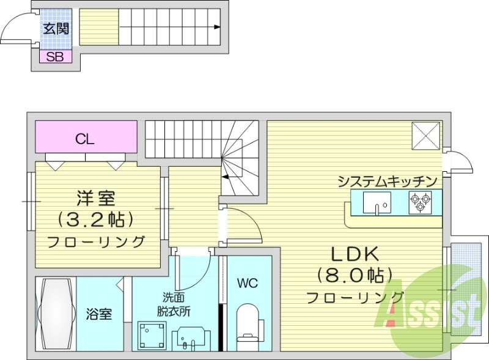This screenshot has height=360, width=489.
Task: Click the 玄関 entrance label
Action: [x=56, y=28]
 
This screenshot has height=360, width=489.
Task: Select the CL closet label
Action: [x=85, y=139]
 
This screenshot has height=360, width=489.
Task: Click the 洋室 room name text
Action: [x=96, y=198]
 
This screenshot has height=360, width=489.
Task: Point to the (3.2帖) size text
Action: [x=96, y=219]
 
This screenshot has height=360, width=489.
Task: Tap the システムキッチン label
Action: [x=387, y=182]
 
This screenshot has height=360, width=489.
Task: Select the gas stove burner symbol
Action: [x=420, y=202]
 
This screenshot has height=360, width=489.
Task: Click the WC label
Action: [x=247, y=283]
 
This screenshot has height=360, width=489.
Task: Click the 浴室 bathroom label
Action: [x=98, y=314]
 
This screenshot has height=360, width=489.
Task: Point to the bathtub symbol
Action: [x=56, y=314]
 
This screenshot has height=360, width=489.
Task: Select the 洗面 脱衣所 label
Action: [x=176, y=304]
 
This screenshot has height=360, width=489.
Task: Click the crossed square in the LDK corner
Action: [x=425, y=136]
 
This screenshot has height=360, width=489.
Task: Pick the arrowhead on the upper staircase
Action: [x=218, y=27]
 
